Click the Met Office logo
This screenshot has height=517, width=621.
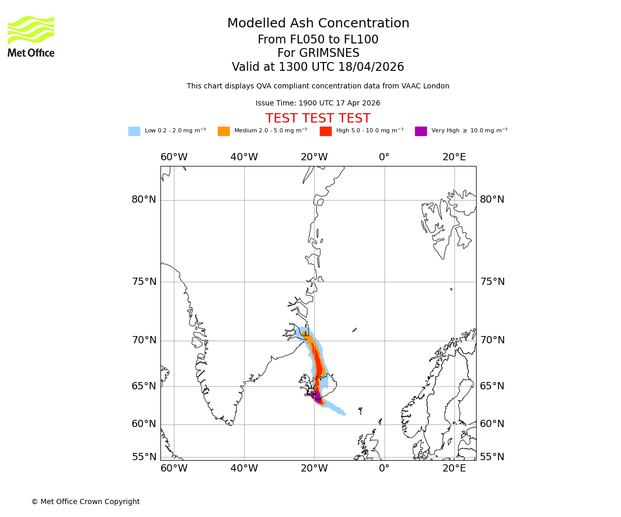(31, 36)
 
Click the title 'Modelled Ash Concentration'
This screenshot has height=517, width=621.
(318, 24)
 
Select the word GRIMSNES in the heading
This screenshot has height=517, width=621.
(318, 53)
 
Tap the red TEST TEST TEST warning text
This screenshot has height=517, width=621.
(318, 118)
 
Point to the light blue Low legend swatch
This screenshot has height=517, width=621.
(134, 131)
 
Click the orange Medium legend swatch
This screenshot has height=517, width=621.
(224, 131)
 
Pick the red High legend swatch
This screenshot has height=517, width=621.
(326, 131)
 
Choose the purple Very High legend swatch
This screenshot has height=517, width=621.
(421, 131)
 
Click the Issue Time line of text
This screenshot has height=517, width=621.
(318, 103)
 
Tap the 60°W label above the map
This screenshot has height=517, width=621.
(174, 157)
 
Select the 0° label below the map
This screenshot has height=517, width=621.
(384, 468)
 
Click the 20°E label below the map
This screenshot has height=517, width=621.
(454, 468)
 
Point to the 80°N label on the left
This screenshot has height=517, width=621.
(144, 200)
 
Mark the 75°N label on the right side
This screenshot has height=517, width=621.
(492, 282)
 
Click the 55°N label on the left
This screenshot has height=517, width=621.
(144, 457)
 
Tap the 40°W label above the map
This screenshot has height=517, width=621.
(244, 157)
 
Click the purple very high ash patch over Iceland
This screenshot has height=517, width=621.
(317, 398)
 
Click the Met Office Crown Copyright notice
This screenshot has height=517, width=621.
(85, 502)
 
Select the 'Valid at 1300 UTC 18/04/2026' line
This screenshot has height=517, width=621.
(318, 67)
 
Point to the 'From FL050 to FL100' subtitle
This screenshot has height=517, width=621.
(318, 40)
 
